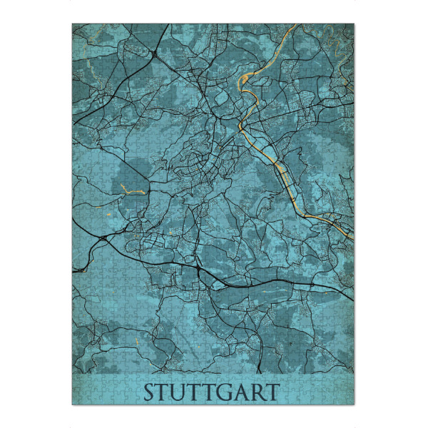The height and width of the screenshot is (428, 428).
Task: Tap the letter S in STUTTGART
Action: tap(150, 392)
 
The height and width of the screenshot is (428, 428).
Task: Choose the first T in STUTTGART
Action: tap(165, 392)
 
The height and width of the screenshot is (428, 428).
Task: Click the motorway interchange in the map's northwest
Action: tap(155, 53)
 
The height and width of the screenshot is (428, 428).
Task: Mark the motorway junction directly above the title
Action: tap(198, 270)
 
